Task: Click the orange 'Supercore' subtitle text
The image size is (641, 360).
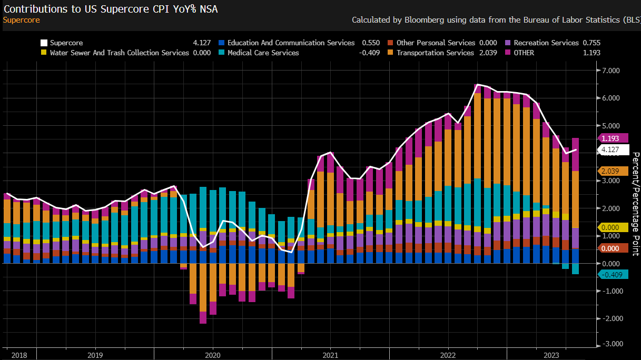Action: tap(21, 20)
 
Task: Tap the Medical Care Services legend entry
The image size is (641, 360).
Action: tap(263, 53)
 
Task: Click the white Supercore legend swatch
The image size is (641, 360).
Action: tap(44, 43)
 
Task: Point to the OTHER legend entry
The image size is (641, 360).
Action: tap(524, 53)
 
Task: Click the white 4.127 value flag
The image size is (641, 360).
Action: tap(614, 150)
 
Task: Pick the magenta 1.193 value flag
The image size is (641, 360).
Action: tap(614, 138)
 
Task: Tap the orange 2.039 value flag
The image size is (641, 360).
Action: tap(614, 171)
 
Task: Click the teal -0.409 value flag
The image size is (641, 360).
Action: tap(614, 275)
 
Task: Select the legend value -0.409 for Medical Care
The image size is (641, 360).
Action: tap(370, 53)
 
